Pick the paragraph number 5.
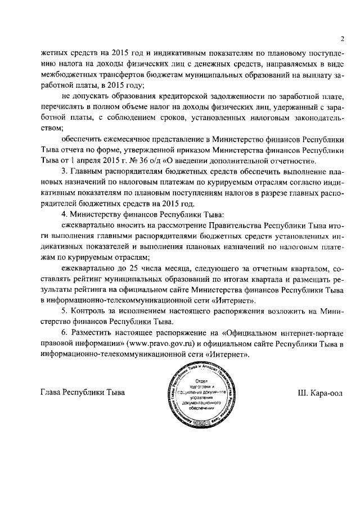pyautogui.click(x=64, y=311)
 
